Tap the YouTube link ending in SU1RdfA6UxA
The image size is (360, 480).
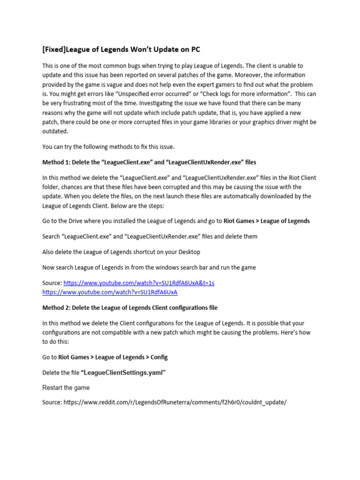110,292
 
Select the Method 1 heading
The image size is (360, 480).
149,162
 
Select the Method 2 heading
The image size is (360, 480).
130,307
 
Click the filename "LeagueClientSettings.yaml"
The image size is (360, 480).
124,373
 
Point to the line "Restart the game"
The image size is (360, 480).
66,388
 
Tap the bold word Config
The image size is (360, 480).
159,357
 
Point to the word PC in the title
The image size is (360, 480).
195,49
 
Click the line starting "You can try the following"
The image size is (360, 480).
108,147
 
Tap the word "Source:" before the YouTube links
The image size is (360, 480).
52,283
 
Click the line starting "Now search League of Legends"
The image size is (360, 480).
149,267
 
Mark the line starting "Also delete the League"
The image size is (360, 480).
121,252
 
